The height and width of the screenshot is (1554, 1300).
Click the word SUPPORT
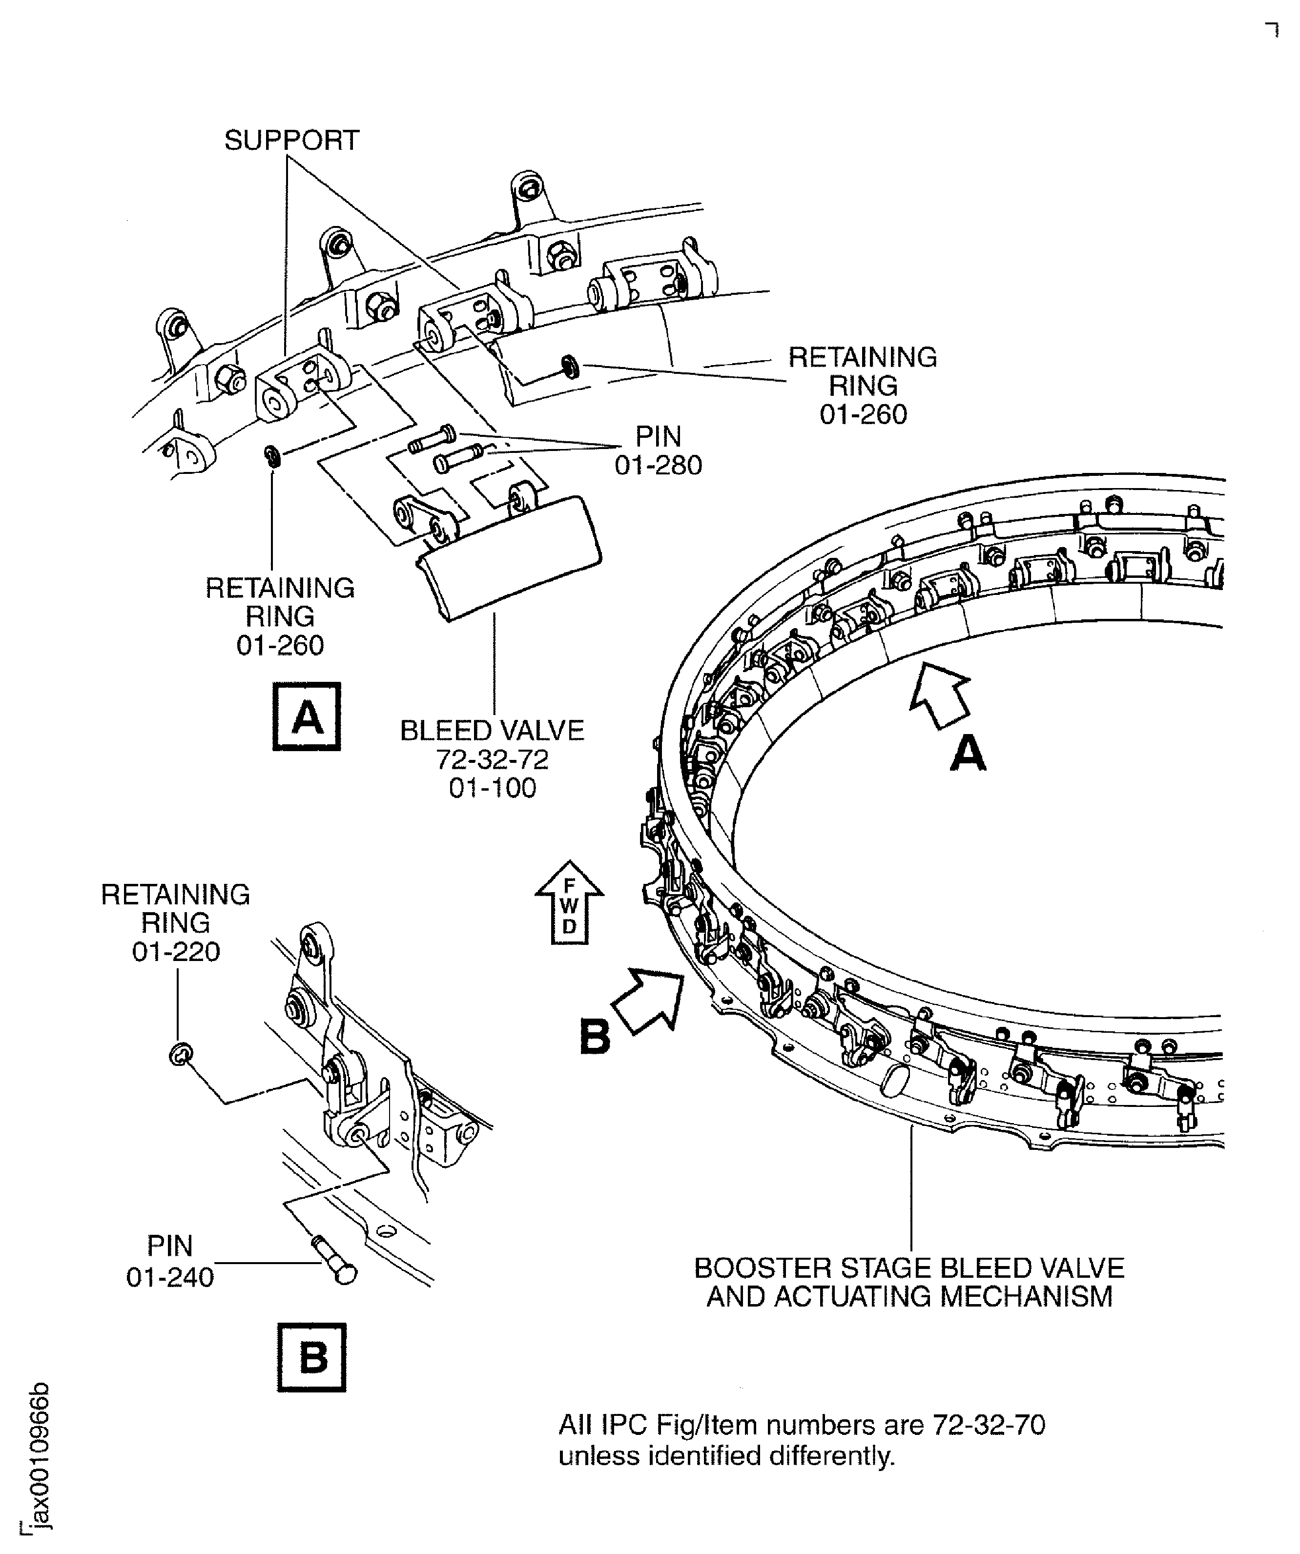pos(292,140)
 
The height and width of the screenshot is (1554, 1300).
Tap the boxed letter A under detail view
pos(307,716)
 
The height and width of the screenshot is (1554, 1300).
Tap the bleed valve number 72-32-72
pos(492,759)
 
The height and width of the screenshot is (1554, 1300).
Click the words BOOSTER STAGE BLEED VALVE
pos(908,1268)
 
